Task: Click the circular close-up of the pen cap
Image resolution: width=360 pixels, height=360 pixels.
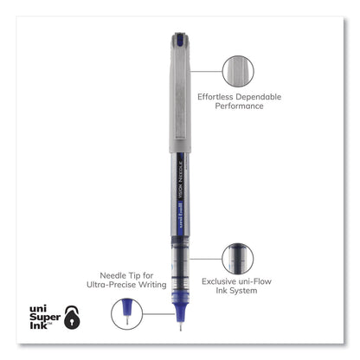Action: pos(240,70)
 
